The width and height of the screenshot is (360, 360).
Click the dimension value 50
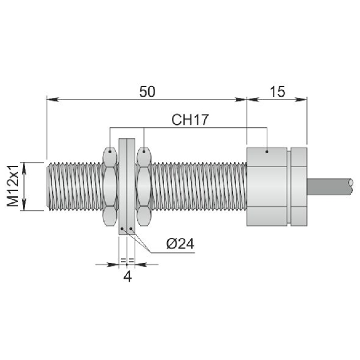click(147, 91)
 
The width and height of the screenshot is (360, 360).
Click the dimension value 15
click(277, 91)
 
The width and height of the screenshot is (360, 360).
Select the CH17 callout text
click(190, 120)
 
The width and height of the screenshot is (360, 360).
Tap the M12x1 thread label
click(13, 186)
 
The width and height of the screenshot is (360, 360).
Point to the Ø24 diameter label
click(180, 244)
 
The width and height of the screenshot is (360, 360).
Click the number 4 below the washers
click(128, 277)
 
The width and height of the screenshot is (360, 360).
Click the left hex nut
click(110, 187)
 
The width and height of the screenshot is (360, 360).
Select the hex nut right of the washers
click(144, 187)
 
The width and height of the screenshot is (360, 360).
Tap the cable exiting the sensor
click(330, 187)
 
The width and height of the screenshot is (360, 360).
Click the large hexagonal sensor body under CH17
click(267, 187)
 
